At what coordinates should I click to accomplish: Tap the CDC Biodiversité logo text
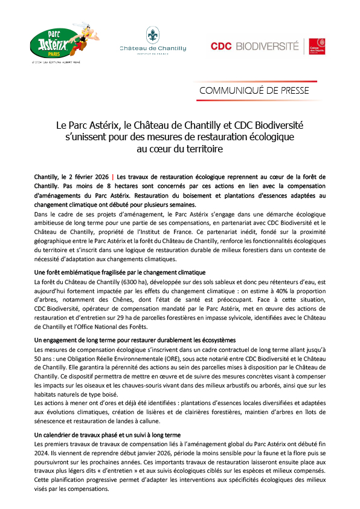click(254, 45)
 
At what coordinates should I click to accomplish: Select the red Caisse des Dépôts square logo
click(319, 46)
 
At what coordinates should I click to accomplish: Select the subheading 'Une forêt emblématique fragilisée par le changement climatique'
click(120, 273)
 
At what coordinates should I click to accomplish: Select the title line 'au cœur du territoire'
click(180, 148)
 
